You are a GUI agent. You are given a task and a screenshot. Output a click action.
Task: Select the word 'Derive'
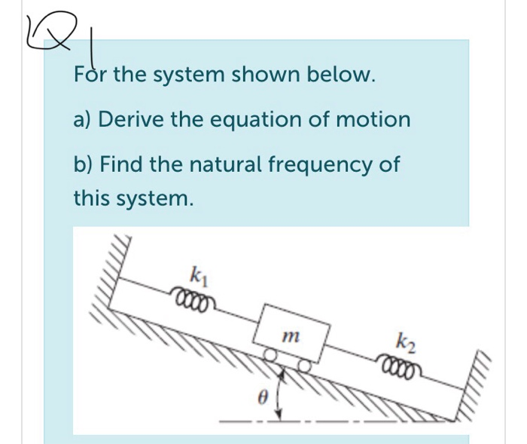pyautogui.click(x=141, y=119)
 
